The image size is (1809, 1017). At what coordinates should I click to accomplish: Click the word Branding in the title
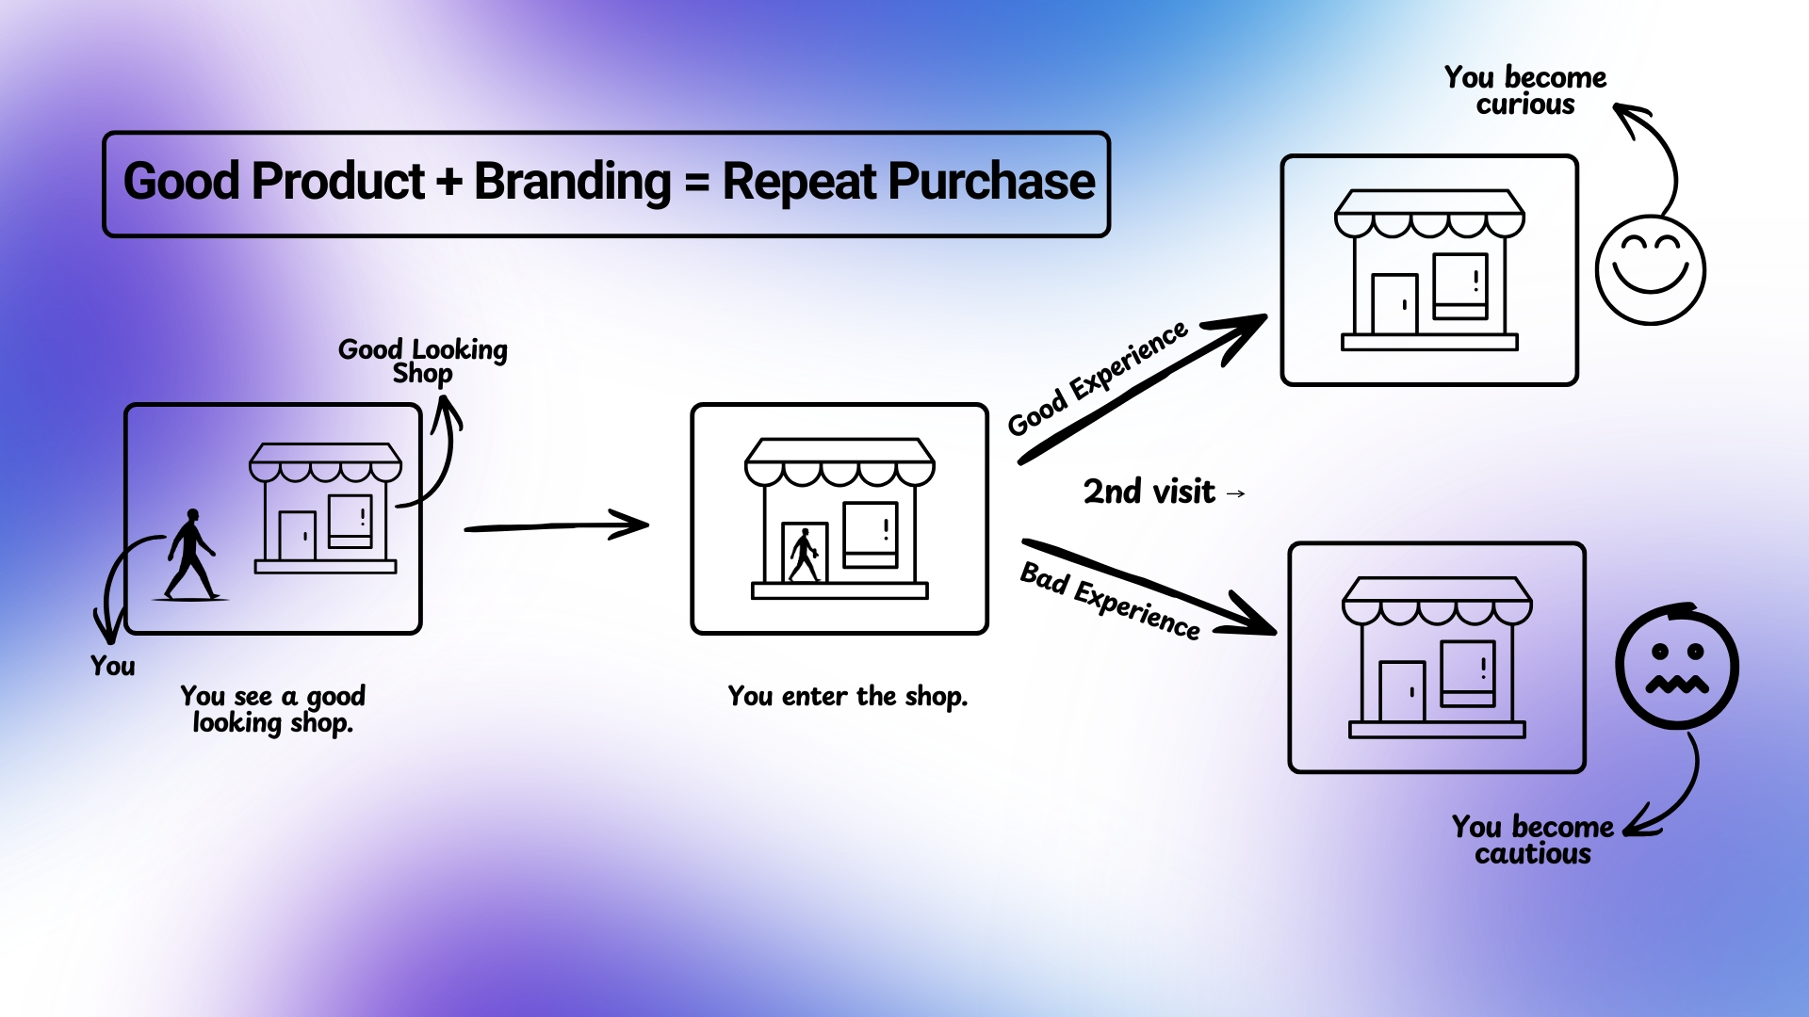572,182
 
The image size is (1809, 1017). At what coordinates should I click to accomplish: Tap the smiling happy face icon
1650,269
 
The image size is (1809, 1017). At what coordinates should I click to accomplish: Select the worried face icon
1677,667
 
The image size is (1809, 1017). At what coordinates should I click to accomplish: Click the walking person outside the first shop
191,556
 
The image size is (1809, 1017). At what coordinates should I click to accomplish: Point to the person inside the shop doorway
804,556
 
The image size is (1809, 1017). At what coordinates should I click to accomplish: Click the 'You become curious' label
1524,90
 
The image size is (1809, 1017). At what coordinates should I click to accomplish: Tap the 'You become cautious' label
1532,840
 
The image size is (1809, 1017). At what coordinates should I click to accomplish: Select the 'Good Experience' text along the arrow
1098,379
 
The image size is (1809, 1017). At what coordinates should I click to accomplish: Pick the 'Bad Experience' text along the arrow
1110,600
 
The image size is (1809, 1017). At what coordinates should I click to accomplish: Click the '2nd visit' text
1149,492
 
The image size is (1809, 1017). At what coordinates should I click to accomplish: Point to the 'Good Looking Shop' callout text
422,361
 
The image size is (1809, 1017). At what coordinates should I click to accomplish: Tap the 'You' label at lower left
112,666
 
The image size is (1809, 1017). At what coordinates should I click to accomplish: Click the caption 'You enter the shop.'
847,696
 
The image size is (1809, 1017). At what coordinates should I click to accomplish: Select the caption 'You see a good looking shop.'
272,709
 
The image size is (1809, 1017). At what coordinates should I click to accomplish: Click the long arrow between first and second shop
556,526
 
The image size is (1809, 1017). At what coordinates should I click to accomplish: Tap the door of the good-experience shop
1394,304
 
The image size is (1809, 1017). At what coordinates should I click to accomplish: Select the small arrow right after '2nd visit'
1236,493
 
